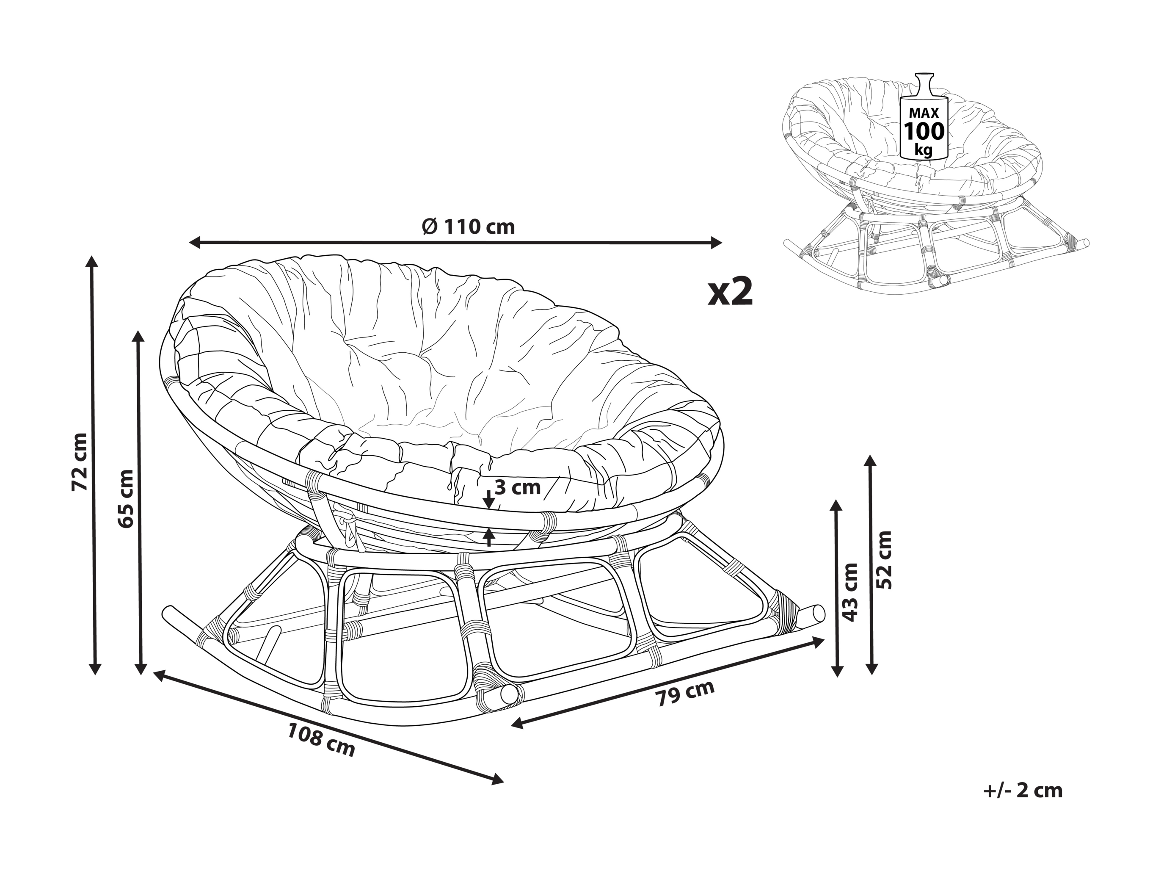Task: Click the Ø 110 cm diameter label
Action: coord(468,227)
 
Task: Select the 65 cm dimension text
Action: coord(126,498)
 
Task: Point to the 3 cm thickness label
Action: coord(518,488)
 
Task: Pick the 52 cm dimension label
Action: coord(884,560)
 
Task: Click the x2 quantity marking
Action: coord(731,291)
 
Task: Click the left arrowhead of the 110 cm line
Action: coord(195,242)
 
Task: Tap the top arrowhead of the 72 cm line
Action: coord(94,263)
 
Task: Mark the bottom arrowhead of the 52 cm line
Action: coord(872,668)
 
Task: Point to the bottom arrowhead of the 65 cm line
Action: coord(140,668)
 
